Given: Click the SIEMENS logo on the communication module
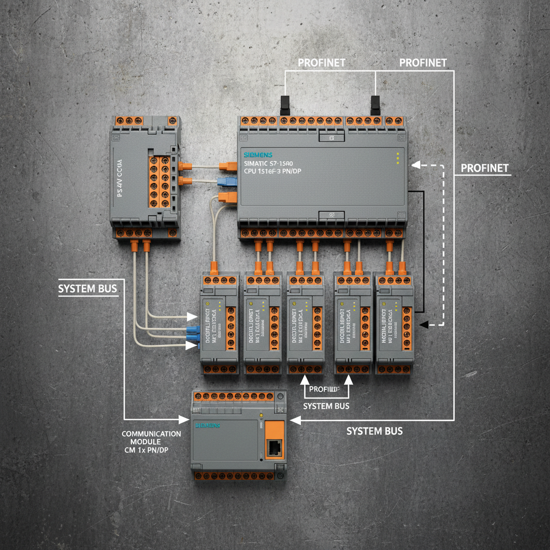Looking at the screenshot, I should [x=207, y=425].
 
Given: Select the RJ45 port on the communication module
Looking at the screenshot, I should [x=274, y=446].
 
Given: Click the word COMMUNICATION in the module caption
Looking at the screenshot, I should [x=151, y=434].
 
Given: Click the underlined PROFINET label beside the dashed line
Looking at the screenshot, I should [x=484, y=168].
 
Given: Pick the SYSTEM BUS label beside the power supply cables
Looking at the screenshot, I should [x=87, y=289].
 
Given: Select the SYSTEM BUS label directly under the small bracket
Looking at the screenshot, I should [x=326, y=406].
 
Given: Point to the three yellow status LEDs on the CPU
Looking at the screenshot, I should [x=398, y=159].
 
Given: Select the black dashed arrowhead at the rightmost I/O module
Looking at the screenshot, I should [x=424, y=324].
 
